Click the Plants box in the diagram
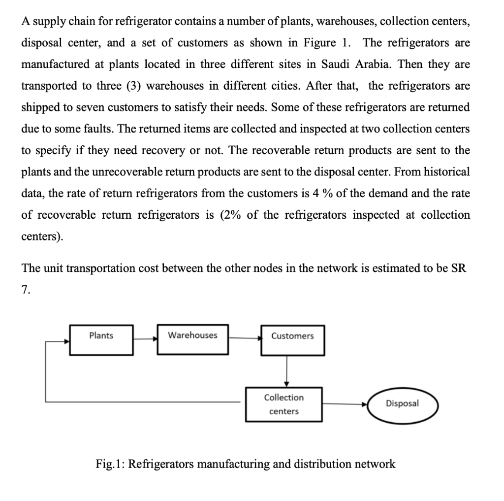101,339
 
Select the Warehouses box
192,339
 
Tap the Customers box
292,340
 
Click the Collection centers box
284,404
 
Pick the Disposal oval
402,404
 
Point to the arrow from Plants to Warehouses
145,338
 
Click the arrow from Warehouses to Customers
245,338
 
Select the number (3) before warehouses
129,86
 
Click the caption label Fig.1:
110,464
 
